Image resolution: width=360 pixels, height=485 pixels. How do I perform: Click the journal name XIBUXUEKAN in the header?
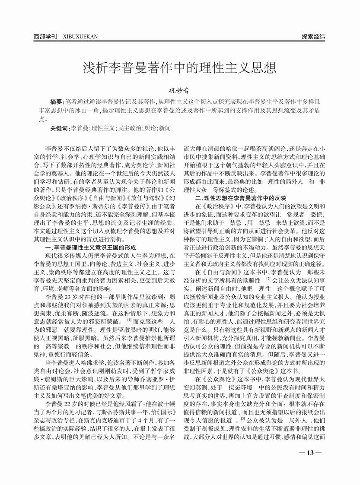[80, 37]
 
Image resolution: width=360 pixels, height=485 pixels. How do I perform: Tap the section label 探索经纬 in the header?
[313, 37]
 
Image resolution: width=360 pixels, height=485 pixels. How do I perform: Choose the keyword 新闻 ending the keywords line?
[165, 128]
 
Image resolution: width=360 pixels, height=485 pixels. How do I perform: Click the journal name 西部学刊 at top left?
[45, 37]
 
